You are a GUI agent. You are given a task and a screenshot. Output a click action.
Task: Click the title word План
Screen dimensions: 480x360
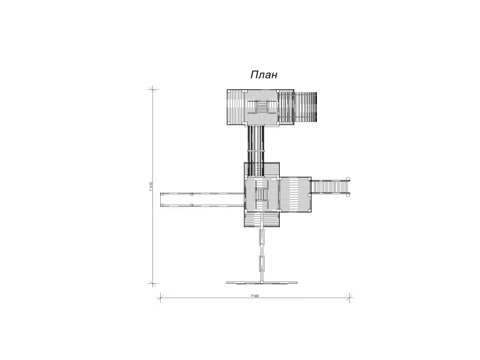tap(264, 74)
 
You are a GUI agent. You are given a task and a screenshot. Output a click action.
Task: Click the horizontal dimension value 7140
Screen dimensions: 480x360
tap(254, 296)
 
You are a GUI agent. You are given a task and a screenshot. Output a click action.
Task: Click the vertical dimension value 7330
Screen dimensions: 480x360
tap(151, 187)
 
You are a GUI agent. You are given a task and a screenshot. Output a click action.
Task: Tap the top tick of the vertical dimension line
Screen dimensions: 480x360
tap(153, 89)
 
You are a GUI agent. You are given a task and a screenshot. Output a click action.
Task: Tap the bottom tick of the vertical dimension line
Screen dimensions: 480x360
tap(153, 283)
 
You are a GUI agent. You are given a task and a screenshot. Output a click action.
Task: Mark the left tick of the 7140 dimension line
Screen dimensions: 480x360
tap(160, 297)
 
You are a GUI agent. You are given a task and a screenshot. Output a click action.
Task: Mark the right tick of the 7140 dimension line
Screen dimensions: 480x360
tap(349, 297)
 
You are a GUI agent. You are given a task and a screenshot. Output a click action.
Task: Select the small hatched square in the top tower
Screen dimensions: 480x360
tap(262, 107)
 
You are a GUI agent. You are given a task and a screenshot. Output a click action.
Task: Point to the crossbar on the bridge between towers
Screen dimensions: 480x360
tap(256, 151)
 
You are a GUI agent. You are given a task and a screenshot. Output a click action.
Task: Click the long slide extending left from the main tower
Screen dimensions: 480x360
tap(202, 200)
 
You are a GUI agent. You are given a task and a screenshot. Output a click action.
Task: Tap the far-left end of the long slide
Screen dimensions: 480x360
tap(161, 200)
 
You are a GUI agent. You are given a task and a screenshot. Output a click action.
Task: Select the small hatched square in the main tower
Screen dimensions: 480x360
tap(261, 194)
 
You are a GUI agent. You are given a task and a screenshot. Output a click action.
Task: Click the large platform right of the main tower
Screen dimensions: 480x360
tap(295, 194)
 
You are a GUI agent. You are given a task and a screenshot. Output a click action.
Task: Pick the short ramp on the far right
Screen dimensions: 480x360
tap(331, 186)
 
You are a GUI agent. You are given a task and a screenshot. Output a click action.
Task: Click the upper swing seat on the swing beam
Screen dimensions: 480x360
tap(262, 237)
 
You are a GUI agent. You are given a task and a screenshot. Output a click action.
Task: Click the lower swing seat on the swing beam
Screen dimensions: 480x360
tap(262, 263)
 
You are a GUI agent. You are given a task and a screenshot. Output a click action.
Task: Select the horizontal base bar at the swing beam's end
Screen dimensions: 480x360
tap(262, 283)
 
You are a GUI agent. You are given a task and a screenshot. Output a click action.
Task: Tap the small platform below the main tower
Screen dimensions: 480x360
tap(262, 220)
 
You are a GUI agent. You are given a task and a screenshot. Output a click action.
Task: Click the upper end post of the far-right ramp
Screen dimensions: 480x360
tap(348, 179)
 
